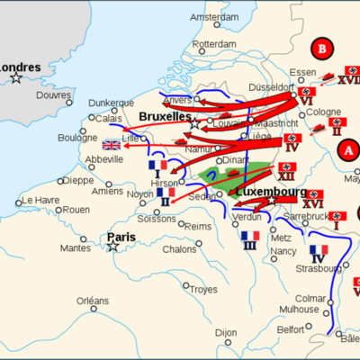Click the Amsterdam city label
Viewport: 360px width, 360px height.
[214, 17]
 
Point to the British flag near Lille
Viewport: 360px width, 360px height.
[112, 145]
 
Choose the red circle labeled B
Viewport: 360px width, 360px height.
[320, 48]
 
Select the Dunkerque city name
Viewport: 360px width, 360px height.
[111, 103]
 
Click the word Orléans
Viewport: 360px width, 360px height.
[93, 300]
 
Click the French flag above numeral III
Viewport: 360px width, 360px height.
[249, 236]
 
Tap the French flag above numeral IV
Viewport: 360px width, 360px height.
[319, 250]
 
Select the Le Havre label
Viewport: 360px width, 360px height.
[40, 200]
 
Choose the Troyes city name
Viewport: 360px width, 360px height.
[204, 289]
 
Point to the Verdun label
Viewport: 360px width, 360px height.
[247, 217]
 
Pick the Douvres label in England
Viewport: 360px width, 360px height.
[53, 94]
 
